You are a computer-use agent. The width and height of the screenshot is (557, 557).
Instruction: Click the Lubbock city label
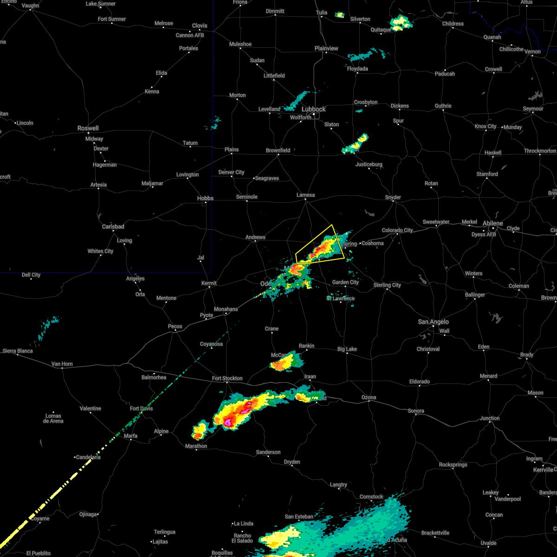pyautogui.click(x=314, y=109)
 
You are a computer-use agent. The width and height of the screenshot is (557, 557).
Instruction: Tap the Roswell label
pyautogui.click(x=88, y=128)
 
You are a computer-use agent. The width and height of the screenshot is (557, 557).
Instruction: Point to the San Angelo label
pyautogui.click(x=433, y=322)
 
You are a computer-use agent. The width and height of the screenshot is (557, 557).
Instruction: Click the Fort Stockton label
pyautogui.click(x=227, y=378)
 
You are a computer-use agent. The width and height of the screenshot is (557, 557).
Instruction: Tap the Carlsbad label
pyautogui.click(x=113, y=227)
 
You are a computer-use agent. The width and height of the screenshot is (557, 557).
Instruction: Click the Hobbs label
pyautogui.click(x=205, y=198)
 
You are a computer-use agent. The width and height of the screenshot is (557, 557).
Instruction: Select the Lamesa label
pyautogui.click(x=305, y=195)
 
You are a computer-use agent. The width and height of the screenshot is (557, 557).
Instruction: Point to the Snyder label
pyautogui.click(x=393, y=197)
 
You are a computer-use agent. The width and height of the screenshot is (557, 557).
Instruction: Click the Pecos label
pyautogui.click(x=175, y=326)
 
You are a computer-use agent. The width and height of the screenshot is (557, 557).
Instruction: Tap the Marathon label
pyautogui.click(x=196, y=446)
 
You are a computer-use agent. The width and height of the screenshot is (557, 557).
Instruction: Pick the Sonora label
pyautogui.click(x=416, y=411)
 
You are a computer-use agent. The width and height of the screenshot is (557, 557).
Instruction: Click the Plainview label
pyautogui.click(x=326, y=48)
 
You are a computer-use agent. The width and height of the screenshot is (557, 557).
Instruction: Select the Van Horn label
pyautogui.click(x=62, y=364)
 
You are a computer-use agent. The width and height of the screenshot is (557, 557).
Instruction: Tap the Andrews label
pyautogui.click(x=255, y=237)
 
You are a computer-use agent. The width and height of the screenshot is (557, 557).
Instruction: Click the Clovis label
pyautogui.click(x=200, y=26)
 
